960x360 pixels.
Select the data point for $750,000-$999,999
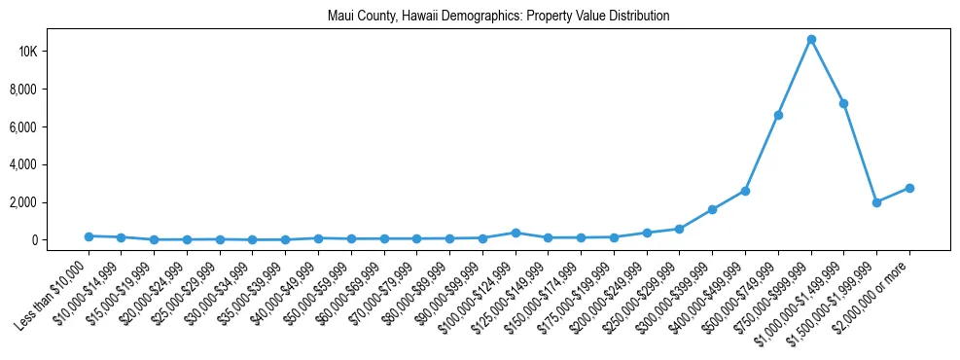pyautogui.click(x=811, y=39)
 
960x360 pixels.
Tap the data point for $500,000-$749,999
pyautogui.click(x=778, y=115)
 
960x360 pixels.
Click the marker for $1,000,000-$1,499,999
pyautogui.click(x=844, y=103)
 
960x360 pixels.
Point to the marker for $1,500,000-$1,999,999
pyautogui.click(x=876, y=202)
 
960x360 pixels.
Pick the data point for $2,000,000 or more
pyautogui.click(x=909, y=188)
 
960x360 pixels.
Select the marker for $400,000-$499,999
pyautogui.click(x=745, y=191)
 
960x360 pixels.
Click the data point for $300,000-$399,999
pyautogui.click(x=713, y=209)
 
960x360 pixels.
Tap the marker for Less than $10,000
pyautogui.click(x=89, y=236)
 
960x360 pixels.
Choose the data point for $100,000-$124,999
pyautogui.click(x=516, y=233)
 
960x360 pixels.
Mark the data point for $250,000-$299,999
pyautogui.click(x=680, y=229)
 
